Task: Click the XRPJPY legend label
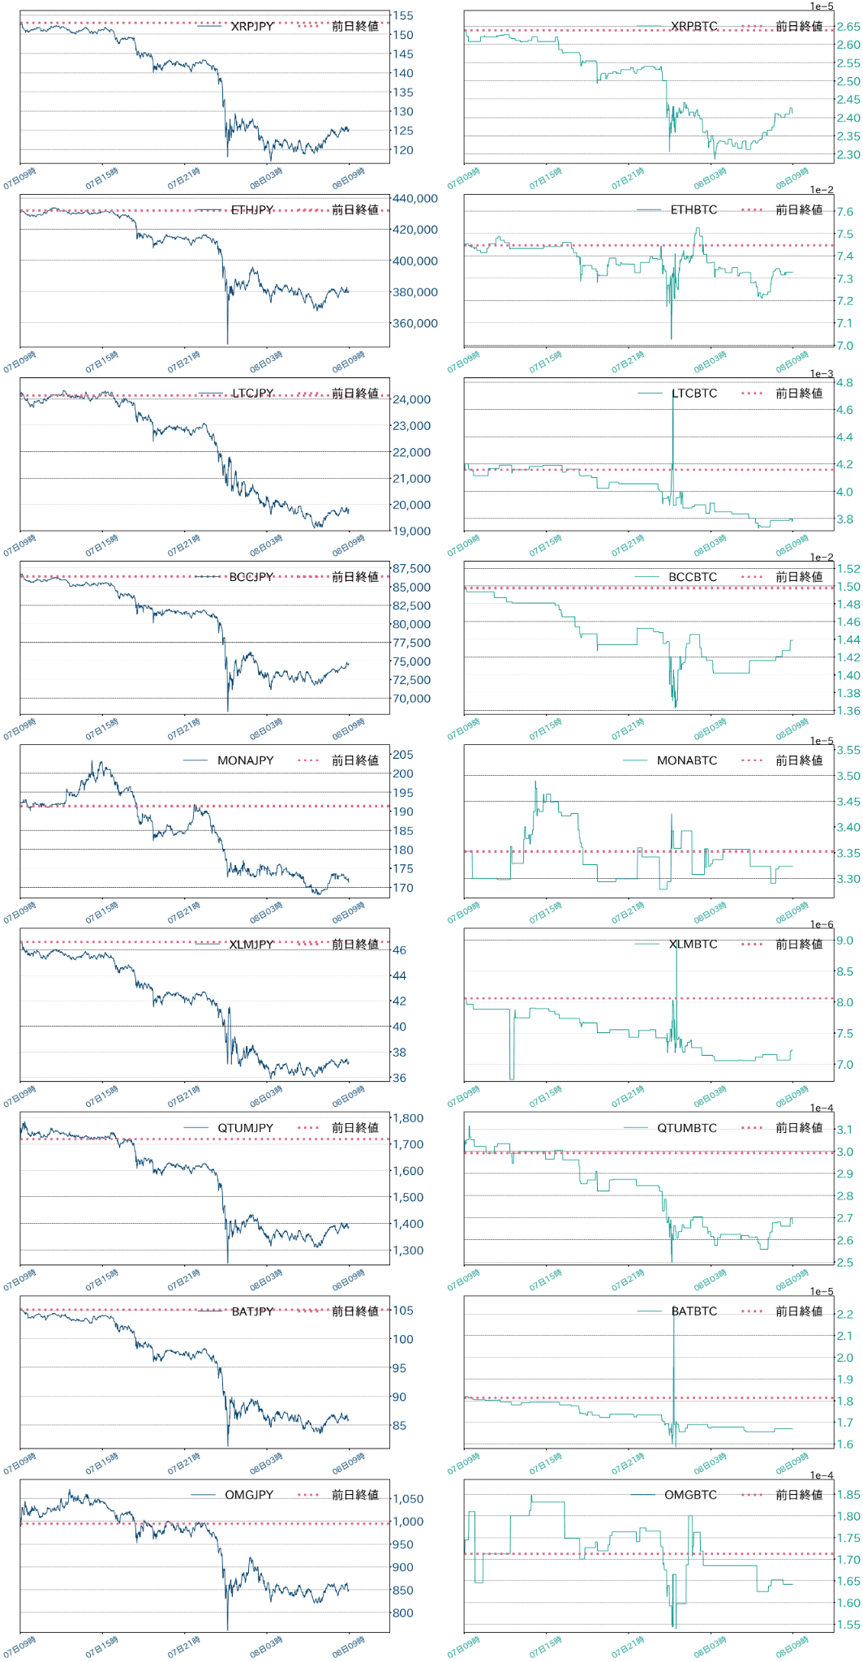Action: [251, 26]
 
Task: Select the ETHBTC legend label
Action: [693, 209]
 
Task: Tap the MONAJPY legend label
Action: [245, 760]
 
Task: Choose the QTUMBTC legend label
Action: [687, 1127]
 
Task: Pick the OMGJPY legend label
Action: [249, 1494]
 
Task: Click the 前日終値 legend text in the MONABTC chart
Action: [799, 760]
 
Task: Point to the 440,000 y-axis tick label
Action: [414, 198]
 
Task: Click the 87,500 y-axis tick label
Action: [411, 568]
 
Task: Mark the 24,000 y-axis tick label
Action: [411, 399]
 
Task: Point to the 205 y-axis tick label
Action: [402, 754]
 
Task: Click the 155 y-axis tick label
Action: [402, 15]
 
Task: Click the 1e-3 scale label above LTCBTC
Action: [821, 374]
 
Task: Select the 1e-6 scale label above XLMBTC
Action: [821, 924]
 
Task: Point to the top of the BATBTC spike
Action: [673, 1308]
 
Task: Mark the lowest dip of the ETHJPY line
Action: [227, 343]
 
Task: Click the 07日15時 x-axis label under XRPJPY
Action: [102, 178]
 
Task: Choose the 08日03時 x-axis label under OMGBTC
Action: [711, 1647]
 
